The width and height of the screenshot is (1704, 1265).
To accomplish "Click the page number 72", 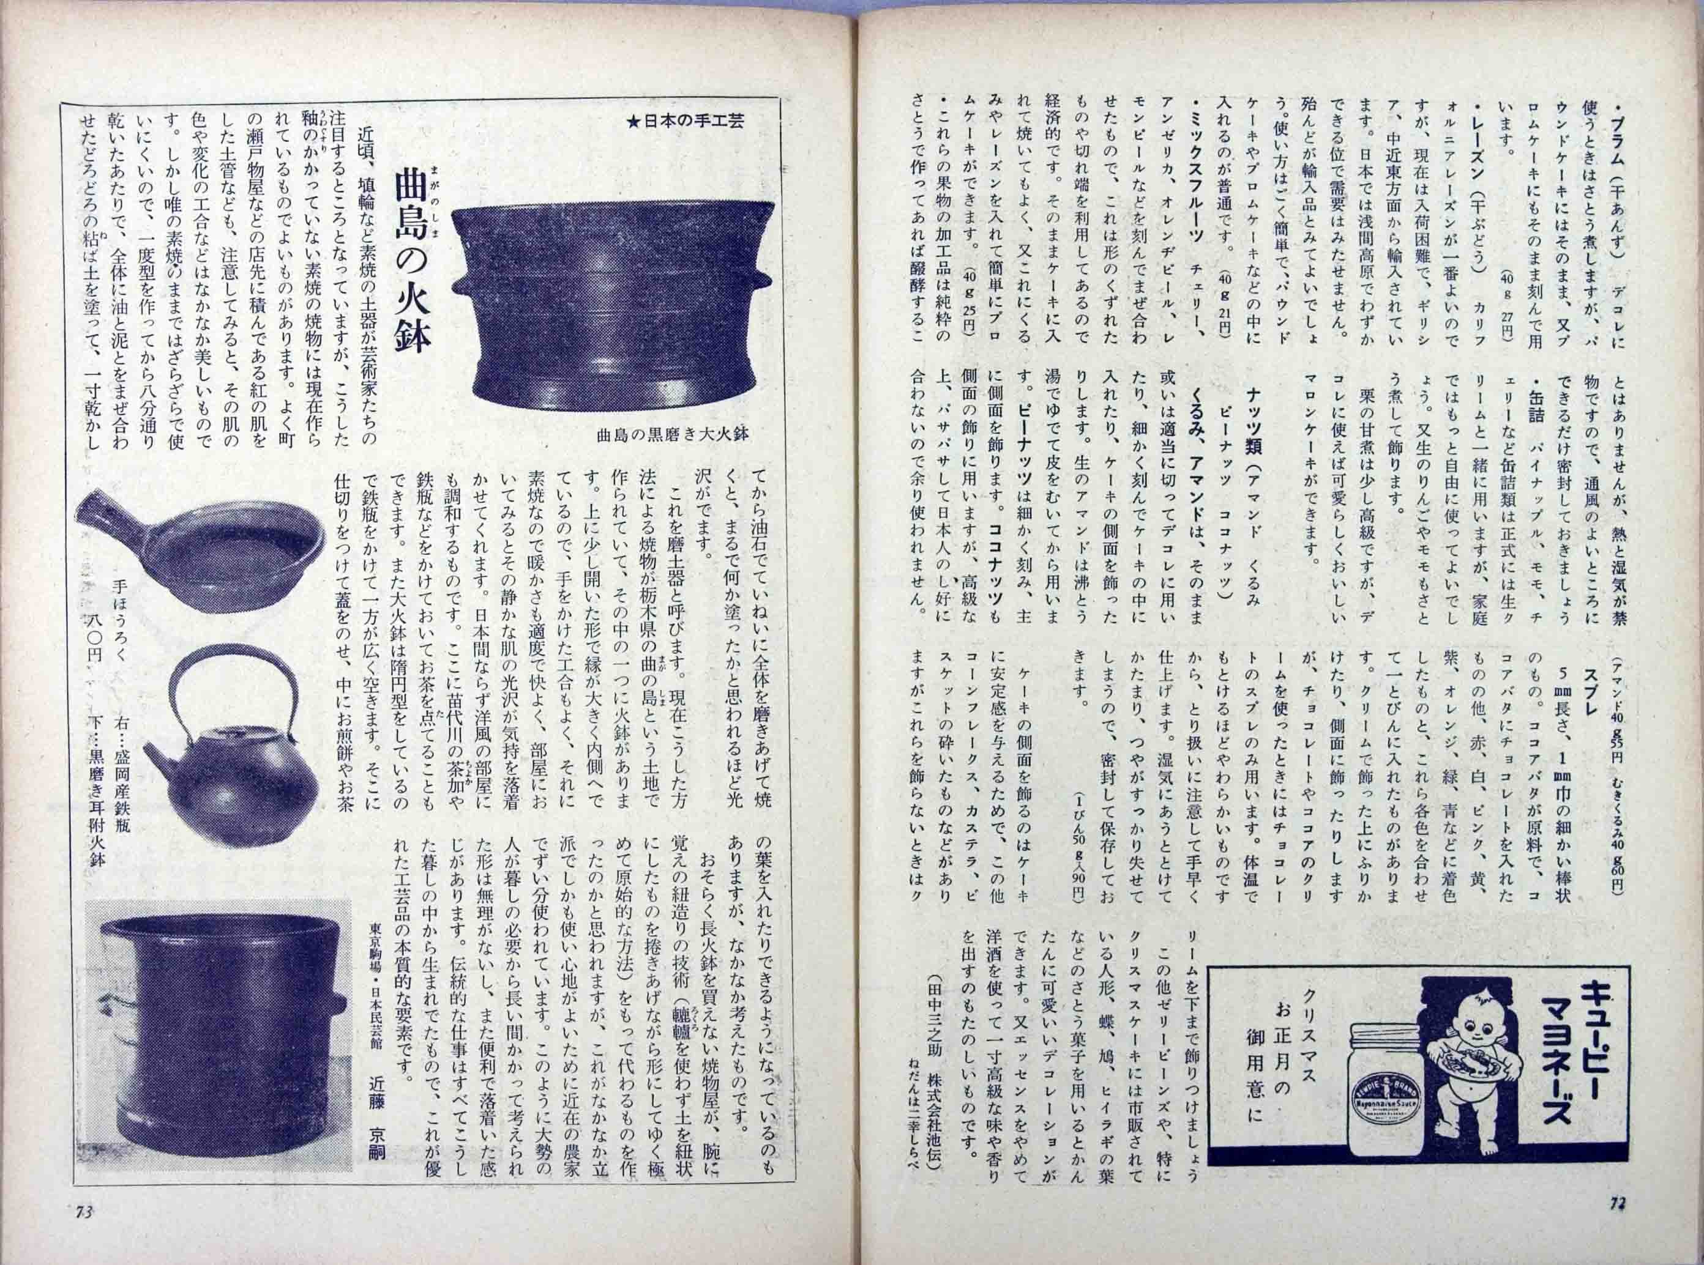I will tap(1616, 1223).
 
